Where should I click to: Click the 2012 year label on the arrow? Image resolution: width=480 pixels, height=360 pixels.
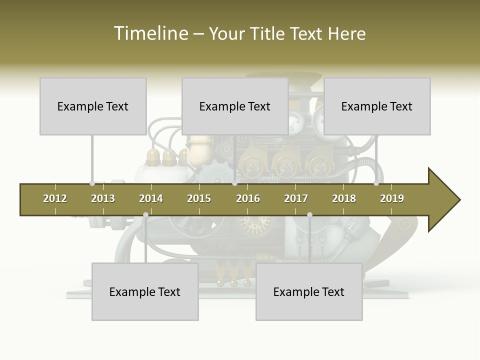(55, 198)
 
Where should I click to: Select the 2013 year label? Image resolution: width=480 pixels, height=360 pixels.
(103, 198)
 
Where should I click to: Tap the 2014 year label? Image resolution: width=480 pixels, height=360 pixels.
(151, 198)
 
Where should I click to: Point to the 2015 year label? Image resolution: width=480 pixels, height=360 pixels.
(199, 198)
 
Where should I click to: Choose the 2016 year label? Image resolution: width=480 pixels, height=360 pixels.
(248, 198)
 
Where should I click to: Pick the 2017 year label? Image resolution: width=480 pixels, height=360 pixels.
(296, 198)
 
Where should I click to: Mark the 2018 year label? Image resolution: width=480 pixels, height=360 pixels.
(344, 198)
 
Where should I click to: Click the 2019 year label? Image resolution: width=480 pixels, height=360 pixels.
(392, 198)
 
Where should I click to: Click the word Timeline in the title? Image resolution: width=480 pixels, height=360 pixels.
(150, 33)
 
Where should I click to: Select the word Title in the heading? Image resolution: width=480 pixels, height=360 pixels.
(267, 33)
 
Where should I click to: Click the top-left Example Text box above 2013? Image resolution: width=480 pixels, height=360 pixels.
(93, 106)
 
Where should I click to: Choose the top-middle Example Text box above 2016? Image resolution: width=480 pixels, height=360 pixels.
(235, 106)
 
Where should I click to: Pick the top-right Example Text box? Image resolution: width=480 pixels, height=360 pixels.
(377, 106)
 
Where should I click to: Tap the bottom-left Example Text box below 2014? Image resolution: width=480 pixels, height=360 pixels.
(145, 291)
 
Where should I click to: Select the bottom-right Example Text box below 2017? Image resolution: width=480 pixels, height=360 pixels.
(309, 291)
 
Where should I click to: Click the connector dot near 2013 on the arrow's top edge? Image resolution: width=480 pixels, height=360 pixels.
(92, 183)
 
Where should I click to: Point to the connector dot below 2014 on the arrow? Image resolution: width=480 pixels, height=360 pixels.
(145, 215)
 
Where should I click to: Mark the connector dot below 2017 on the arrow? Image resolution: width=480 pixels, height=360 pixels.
(309, 215)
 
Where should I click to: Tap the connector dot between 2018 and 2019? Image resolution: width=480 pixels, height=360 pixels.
(376, 183)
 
